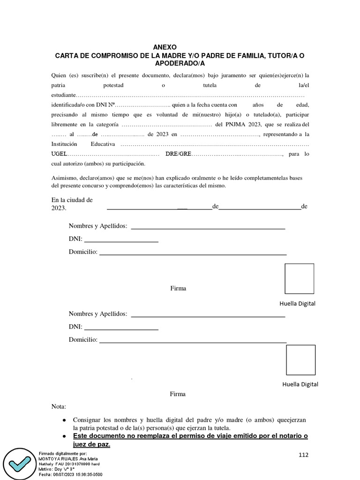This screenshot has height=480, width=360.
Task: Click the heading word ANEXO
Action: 165,47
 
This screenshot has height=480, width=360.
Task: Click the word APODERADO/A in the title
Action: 180,63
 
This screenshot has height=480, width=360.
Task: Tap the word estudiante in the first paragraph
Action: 64,96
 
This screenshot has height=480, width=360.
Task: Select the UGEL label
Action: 60,154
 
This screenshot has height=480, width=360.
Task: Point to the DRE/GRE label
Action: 178,154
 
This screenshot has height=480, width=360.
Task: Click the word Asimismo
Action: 64,178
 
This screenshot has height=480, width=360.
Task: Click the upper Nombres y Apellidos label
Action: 98,226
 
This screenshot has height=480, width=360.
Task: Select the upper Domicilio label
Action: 83,252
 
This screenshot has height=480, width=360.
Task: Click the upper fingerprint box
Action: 300,278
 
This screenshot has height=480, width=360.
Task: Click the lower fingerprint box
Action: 300,360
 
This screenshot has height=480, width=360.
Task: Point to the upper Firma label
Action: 178,288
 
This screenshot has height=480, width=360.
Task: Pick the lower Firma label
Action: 178,394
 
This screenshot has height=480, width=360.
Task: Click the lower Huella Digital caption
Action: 300,384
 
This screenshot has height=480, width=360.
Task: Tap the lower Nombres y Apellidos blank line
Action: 208,317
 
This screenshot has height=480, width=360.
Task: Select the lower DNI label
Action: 75,327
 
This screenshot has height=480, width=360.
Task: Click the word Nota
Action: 59,406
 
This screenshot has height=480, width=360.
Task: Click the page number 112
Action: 304,455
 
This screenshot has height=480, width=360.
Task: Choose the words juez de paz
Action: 91,444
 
